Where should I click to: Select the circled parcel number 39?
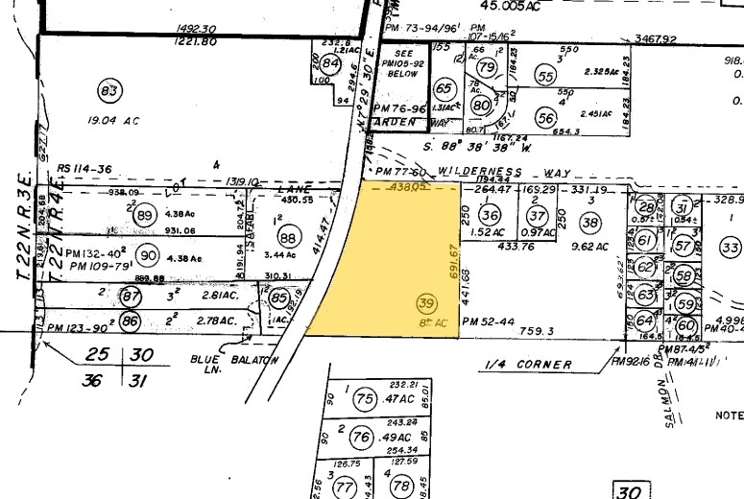[x=426, y=303]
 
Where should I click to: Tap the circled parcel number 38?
[x=590, y=223]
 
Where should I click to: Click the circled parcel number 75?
[x=363, y=399]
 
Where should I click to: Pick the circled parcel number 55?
[x=546, y=77]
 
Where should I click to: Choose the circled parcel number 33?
[x=730, y=249]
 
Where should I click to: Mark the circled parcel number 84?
[x=331, y=64]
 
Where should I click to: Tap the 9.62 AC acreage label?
[x=590, y=247]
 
